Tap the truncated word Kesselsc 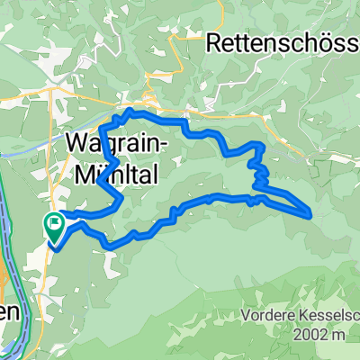click(329, 316)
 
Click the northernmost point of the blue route click(131, 110)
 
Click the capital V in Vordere click(247, 316)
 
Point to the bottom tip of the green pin click(54, 243)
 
